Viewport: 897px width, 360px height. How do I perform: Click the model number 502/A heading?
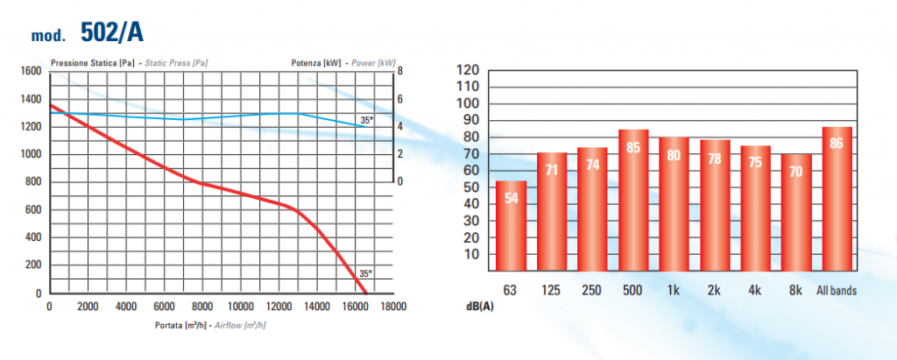point(111,33)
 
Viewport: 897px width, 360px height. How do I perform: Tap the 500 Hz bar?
point(633,201)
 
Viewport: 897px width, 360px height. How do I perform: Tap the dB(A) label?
point(479,306)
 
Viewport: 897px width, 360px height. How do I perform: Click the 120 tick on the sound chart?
point(469,70)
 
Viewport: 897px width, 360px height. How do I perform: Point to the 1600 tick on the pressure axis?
point(31,71)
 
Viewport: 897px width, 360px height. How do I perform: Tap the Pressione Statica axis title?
point(130,62)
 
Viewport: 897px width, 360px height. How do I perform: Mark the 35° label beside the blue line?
point(367,120)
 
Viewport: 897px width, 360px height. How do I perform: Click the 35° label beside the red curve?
point(365,273)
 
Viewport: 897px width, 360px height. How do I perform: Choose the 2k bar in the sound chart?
point(716,206)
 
